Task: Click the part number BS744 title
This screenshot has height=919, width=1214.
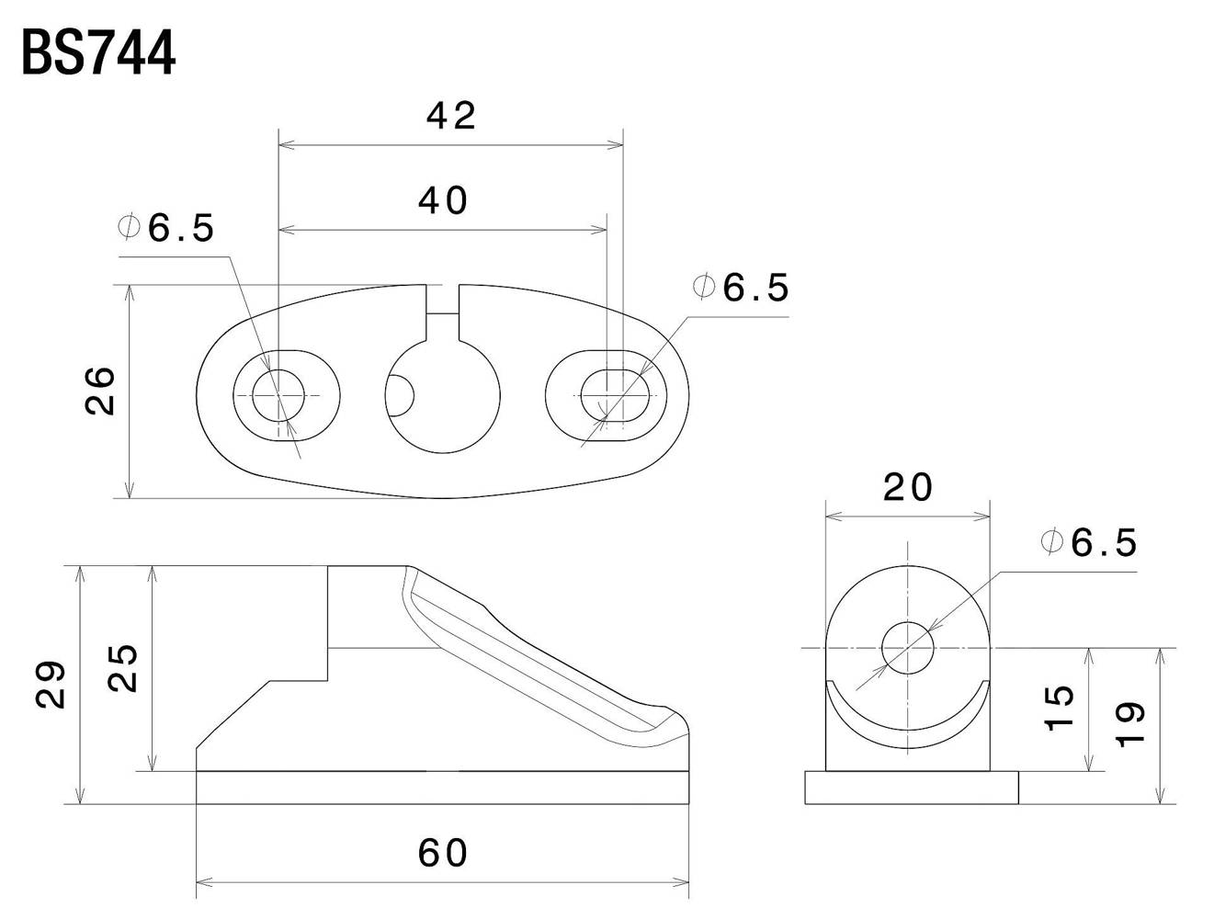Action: (98, 52)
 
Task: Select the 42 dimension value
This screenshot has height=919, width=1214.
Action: (450, 116)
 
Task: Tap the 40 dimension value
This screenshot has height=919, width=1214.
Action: (443, 200)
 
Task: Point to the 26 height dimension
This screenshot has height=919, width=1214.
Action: (100, 391)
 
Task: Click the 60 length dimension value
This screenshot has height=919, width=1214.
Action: (443, 853)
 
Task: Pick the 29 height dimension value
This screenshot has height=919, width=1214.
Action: (51, 685)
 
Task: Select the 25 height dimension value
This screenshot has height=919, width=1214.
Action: (122, 668)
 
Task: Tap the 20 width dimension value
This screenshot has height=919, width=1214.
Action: (908, 488)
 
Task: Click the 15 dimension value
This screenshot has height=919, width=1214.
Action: (1059, 709)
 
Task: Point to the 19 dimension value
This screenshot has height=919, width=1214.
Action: (1129, 724)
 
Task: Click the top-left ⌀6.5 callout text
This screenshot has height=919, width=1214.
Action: (166, 227)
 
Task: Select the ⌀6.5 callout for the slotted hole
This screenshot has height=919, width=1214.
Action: (741, 288)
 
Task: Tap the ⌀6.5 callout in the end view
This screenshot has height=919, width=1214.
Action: (1088, 542)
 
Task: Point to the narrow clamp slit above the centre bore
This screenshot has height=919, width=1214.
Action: (442, 312)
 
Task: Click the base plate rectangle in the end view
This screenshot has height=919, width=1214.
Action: (911, 788)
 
